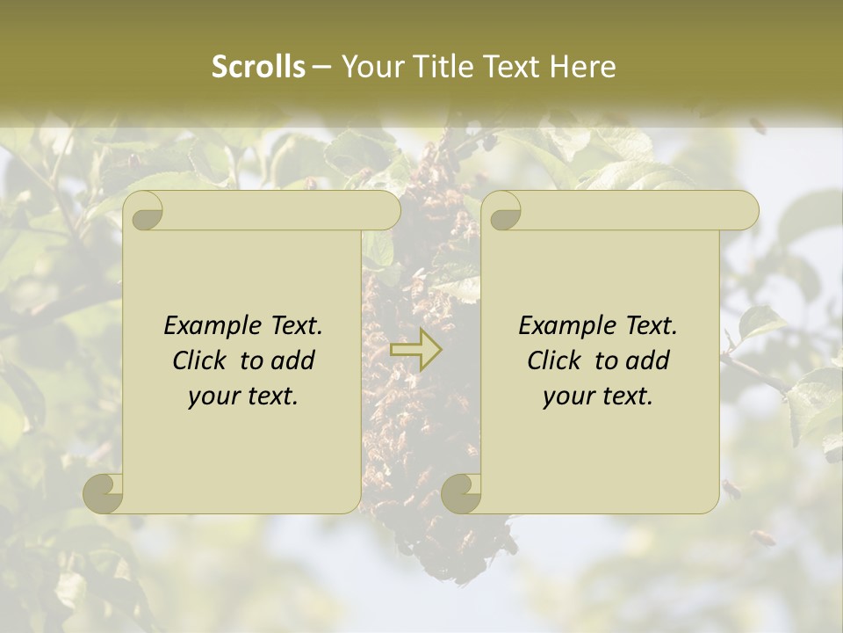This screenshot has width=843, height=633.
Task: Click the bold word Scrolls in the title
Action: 259,67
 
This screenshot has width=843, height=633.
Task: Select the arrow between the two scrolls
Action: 415,350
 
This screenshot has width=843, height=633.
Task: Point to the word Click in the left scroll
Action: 200,360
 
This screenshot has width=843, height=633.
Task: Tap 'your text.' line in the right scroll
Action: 598,396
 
